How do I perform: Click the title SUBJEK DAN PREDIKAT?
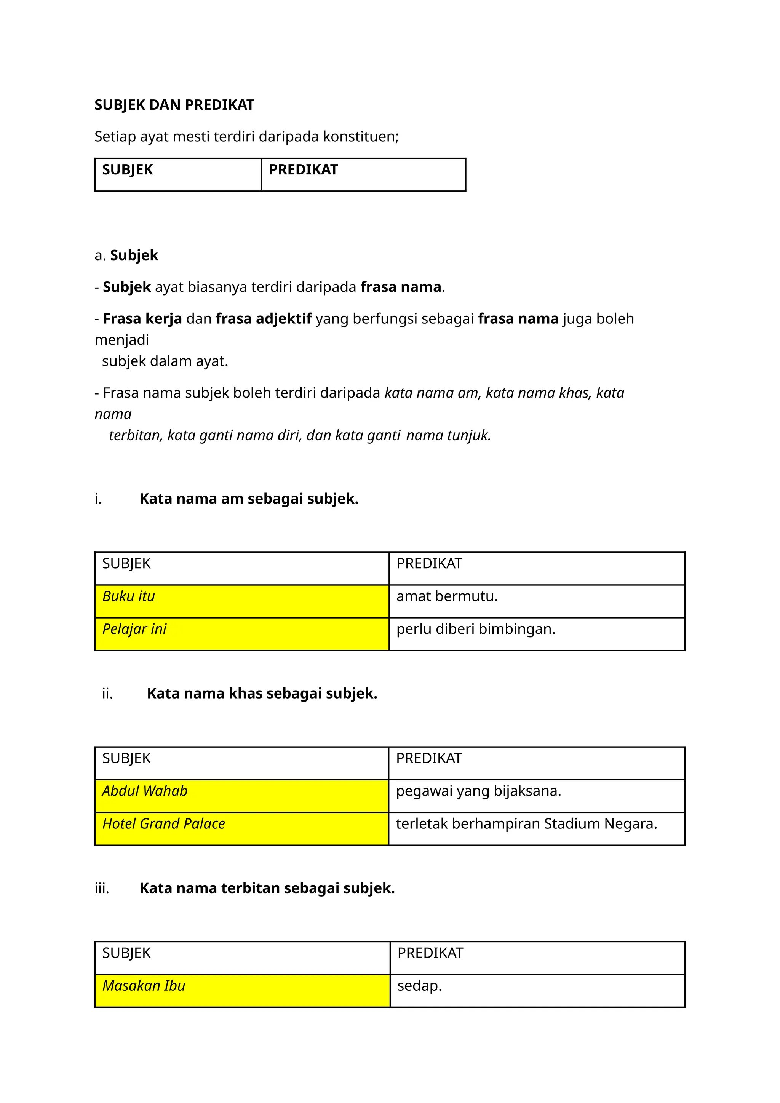174,105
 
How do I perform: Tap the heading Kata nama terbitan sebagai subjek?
267,888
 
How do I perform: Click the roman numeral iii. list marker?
102,888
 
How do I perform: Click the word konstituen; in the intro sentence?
361,136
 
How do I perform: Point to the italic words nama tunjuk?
448,435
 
